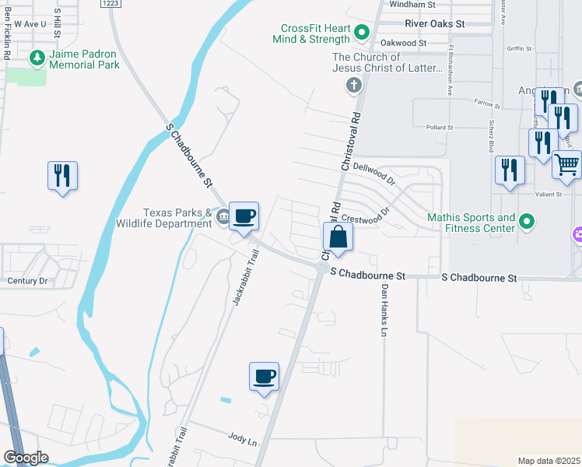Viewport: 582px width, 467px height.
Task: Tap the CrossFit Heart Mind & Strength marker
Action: click(361, 33)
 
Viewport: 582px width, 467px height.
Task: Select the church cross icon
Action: click(353, 84)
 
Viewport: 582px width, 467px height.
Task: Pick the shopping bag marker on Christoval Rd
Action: click(338, 237)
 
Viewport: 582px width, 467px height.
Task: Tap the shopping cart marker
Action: click(567, 165)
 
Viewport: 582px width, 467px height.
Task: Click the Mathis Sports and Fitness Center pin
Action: click(527, 223)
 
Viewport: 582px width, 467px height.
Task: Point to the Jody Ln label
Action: click(242, 439)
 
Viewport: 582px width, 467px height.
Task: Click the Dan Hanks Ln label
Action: click(384, 310)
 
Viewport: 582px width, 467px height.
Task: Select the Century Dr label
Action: click(27, 280)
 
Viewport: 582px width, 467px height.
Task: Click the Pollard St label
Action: click(440, 127)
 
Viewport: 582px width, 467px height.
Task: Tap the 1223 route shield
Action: click(111, 4)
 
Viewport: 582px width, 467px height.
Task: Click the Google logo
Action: click(26, 458)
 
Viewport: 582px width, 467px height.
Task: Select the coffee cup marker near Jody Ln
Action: click(264, 377)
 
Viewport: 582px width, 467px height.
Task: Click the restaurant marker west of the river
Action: click(62, 176)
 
